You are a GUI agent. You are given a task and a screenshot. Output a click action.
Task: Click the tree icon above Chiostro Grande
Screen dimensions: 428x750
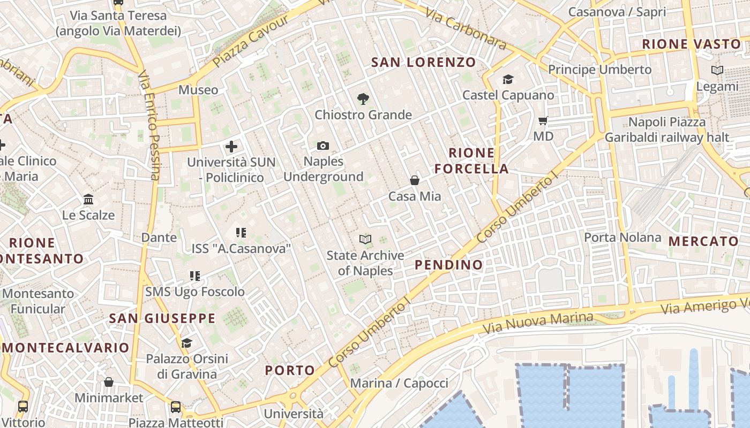[363, 98]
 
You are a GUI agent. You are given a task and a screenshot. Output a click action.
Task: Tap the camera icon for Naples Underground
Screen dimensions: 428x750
[323, 146]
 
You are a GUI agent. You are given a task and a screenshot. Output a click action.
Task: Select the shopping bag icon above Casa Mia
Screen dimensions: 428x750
[415, 180]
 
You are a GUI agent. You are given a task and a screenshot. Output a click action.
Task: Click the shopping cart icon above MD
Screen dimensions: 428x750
[543, 121]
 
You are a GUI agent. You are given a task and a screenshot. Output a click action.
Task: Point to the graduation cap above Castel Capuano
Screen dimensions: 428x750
[508, 80]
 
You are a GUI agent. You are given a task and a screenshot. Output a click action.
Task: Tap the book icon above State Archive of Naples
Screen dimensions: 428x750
[365, 239]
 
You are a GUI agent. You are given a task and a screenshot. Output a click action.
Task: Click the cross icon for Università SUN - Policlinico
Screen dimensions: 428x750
[231, 146]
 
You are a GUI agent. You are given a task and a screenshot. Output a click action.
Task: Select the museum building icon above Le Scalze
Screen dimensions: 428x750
[88, 200]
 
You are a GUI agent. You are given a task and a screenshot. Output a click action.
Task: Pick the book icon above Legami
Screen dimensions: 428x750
[717, 70]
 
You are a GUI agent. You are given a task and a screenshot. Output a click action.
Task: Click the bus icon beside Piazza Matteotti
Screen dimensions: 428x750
[176, 407]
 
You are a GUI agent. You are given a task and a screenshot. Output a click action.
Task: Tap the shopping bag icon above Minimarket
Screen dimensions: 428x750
[109, 382]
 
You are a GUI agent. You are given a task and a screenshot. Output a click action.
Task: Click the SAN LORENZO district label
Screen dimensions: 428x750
[424, 62]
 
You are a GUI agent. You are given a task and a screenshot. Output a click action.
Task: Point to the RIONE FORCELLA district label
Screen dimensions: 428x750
[471, 161]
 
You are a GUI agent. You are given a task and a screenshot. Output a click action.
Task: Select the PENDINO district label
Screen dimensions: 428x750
[449, 265]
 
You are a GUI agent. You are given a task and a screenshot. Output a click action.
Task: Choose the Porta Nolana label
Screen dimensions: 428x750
[622, 237]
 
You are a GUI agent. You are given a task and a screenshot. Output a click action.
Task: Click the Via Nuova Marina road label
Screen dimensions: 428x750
[538, 323]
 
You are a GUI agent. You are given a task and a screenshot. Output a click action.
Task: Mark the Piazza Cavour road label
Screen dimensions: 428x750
[251, 41]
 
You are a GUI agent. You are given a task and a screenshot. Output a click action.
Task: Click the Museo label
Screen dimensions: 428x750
[198, 90]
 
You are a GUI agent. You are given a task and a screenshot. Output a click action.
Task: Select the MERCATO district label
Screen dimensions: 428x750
[703, 241]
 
